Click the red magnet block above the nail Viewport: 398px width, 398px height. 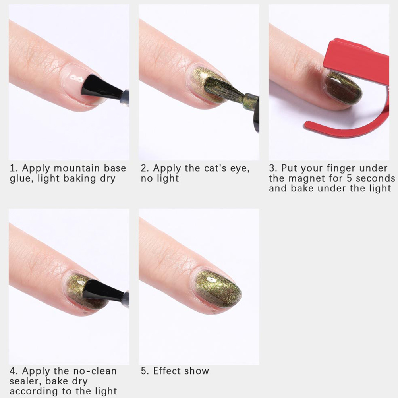(x=357, y=63)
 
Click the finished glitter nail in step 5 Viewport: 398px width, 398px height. (x=218, y=289)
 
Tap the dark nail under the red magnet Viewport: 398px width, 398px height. (x=343, y=89)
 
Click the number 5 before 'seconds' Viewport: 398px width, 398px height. (x=349, y=178)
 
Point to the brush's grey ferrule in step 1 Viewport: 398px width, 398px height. (x=124, y=98)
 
